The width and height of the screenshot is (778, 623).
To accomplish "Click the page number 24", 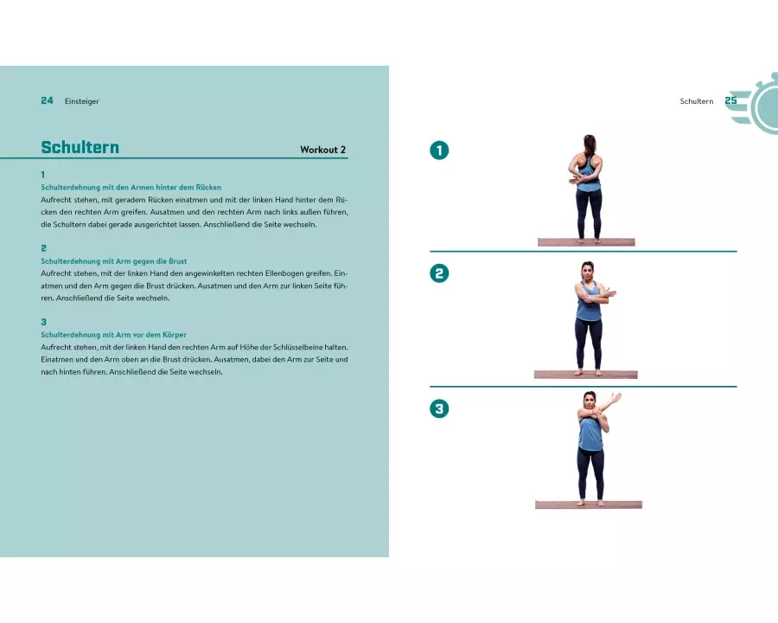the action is [x=48, y=100].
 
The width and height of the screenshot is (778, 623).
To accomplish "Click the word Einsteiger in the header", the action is [x=82, y=101].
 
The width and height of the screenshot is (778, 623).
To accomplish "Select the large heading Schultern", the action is [x=80, y=147].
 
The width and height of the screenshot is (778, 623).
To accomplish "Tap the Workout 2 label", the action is [x=323, y=150].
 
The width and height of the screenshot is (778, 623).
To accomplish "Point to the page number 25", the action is [x=730, y=100].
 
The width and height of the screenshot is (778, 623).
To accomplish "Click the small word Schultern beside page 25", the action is [x=697, y=101].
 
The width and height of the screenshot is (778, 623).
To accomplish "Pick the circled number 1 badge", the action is [x=439, y=150].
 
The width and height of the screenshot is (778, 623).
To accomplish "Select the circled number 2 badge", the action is [x=439, y=273].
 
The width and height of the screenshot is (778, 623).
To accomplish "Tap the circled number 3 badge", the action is [x=439, y=408].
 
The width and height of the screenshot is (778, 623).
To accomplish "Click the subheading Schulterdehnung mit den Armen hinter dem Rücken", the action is [x=131, y=187].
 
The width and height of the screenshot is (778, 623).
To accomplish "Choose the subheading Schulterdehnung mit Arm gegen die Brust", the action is [x=113, y=260].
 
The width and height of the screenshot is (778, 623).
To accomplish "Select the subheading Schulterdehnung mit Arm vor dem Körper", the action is [x=113, y=334].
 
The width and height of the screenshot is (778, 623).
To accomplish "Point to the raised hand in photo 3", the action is [x=615, y=398].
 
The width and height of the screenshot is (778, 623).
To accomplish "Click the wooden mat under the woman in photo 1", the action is [x=586, y=242].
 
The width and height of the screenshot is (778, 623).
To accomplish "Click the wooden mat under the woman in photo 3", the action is [x=589, y=504].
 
